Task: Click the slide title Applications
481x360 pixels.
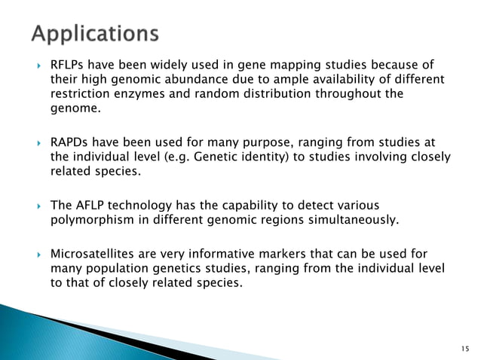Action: [95, 34]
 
